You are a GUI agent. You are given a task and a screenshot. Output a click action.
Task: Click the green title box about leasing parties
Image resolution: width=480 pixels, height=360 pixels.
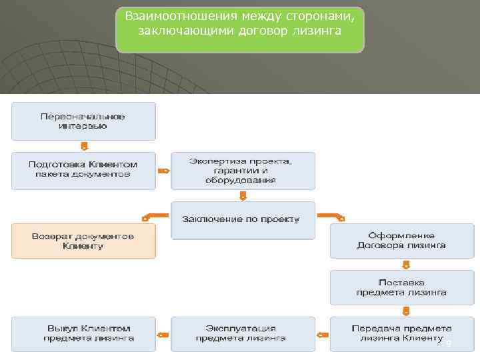coord(240,30)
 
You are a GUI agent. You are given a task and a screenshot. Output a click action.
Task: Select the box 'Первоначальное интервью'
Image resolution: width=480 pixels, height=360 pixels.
coord(83,121)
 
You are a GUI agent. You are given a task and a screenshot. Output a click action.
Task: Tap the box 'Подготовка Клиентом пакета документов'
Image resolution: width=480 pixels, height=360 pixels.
coord(83,169)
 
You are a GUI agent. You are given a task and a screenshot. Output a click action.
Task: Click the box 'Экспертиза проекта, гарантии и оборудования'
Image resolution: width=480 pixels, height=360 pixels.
coord(243,171)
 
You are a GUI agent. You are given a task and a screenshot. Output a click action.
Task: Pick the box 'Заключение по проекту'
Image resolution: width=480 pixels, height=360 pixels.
coord(243,219)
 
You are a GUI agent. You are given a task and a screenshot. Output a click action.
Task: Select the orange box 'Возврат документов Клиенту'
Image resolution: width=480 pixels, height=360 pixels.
coord(83,241)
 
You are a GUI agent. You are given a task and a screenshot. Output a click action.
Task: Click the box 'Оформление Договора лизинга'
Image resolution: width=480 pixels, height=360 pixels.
coord(402,241)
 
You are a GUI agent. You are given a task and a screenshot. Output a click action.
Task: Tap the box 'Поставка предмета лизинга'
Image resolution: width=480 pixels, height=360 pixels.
coord(402,287)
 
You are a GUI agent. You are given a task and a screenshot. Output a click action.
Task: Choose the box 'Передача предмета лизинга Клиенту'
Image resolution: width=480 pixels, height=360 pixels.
coord(402,333)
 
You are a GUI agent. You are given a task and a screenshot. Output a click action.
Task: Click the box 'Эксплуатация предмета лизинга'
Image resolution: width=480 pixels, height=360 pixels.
coord(243,333)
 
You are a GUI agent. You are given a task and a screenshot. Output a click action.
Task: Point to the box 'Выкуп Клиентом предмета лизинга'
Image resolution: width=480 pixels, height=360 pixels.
coord(83,333)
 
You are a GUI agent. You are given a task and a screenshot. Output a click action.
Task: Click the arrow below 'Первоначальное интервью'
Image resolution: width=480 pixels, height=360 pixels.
coord(84,145)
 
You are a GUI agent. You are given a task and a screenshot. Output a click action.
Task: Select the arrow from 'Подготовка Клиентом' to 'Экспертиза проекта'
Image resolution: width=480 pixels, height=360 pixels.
coord(163,171)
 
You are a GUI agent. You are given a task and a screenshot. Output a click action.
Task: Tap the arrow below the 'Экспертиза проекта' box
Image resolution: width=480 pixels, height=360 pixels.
coord(243,195)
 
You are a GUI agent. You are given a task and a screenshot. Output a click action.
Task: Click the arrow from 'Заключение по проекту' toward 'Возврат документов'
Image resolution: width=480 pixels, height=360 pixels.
coord(155,216)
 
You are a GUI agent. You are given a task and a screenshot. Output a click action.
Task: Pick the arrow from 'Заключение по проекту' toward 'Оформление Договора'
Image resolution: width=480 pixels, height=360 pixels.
coord(331,216)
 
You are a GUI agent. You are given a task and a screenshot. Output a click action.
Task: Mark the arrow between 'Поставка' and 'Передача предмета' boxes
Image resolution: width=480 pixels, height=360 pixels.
coord(403,311)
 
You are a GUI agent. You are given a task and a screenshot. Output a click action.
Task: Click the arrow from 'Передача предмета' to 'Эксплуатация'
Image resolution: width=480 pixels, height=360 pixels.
coord(323,335)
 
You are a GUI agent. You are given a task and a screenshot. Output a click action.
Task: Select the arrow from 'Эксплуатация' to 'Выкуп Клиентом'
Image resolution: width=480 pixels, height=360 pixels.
coord(163,335)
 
